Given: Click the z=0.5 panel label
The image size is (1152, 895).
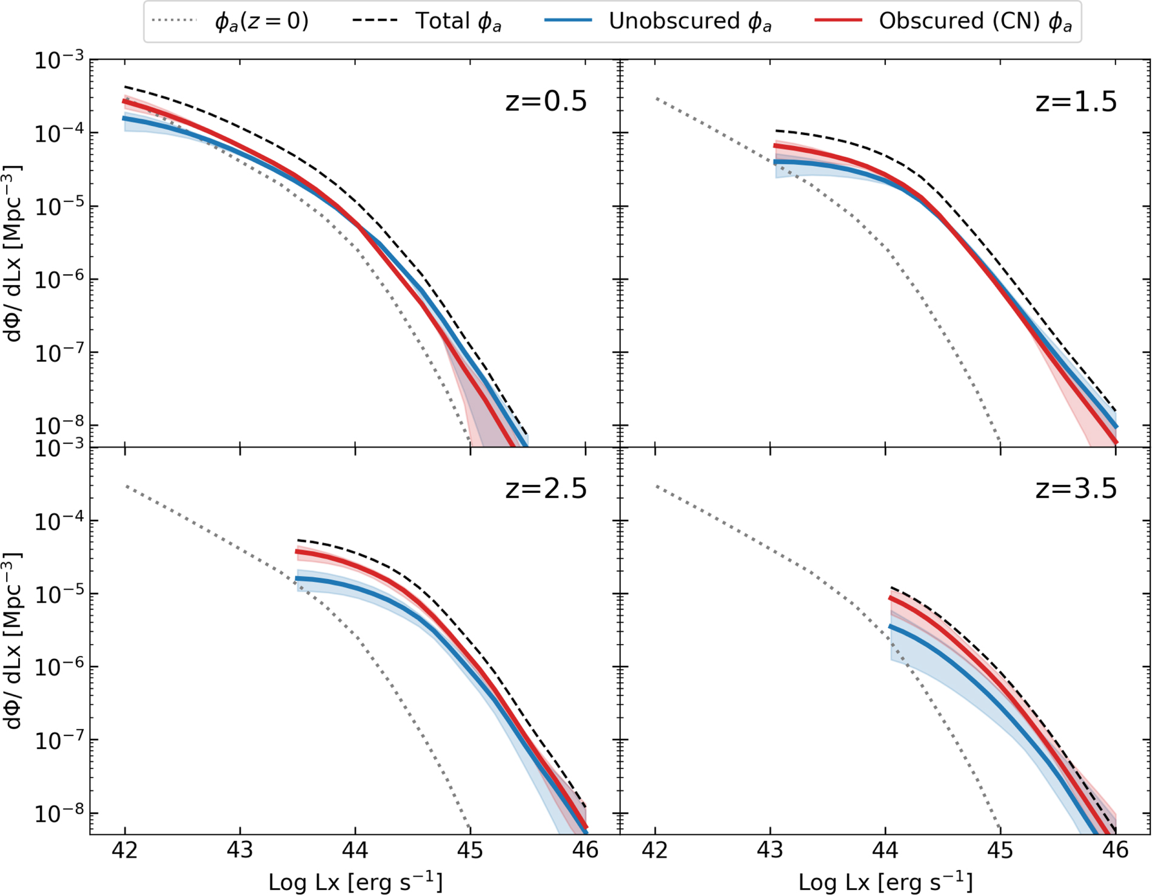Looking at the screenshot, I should coord(546,101).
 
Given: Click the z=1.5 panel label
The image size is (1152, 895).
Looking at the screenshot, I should coord(1076,101).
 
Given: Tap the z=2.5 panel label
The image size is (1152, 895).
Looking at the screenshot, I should coord(546,488).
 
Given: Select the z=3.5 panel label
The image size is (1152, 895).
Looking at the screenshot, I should coord(1076,488).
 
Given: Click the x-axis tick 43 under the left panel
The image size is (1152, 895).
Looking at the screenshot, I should coord(240,850).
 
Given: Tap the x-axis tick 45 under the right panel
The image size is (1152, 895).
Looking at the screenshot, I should coord(1000,850).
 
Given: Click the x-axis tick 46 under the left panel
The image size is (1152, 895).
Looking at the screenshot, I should coord(585,850).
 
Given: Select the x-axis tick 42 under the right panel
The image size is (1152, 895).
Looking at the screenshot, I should coord(655,850).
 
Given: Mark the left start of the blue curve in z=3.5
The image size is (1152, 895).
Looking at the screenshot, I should coord(891,626).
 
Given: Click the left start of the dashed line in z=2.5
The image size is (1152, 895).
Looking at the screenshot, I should coord(298,540).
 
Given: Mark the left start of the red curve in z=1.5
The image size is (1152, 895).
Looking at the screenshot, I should coord(775,146).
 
